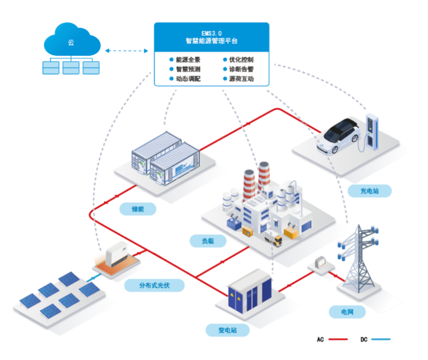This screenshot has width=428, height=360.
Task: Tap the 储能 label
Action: [x=138, y=209]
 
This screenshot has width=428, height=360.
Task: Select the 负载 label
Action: [x=207, y=241]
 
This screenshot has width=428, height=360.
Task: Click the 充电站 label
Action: [x=370, y=190]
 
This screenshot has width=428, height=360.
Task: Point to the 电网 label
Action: [x=346, y=312]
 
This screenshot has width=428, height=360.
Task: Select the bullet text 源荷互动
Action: [x=241, y=79]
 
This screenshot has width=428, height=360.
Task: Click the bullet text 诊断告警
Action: [x=241, y=69]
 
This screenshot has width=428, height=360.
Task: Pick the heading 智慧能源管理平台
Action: [x=211, y=41]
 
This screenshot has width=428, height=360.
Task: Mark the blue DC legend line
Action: [x=380, y=340]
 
